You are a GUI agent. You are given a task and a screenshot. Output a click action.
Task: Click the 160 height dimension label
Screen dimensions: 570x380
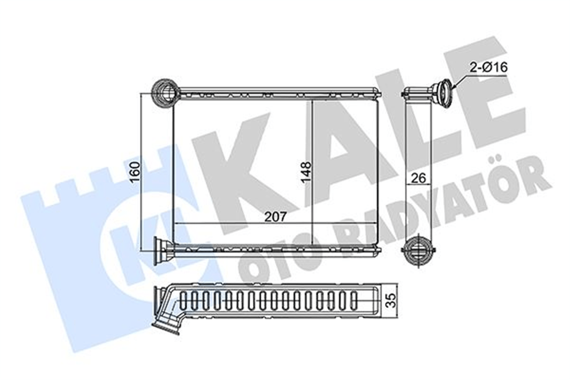(135, 172)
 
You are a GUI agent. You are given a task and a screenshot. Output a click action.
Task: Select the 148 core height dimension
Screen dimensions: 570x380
(305, 172)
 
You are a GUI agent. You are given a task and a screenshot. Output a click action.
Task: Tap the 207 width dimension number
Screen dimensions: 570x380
(276, 217)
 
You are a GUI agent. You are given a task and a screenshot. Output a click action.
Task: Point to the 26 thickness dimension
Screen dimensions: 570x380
(418, 178)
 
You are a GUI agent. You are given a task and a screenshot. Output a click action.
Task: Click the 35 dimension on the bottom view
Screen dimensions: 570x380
(391, 301)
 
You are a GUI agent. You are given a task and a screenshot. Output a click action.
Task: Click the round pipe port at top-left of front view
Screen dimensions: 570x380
(165, 93)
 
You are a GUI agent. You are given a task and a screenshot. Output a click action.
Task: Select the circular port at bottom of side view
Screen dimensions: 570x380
(418, 250)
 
